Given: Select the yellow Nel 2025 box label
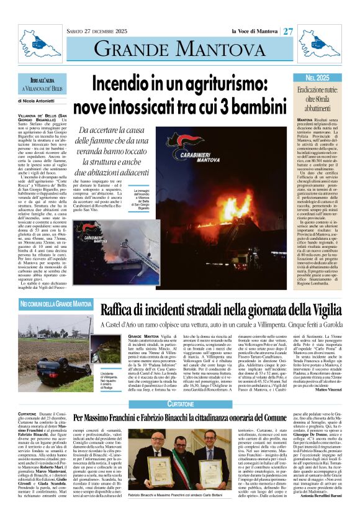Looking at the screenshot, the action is pos(318,78).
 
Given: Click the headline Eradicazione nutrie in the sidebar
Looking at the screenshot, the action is pos(318,98).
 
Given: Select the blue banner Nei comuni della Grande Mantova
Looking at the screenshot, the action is pos(55,304).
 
